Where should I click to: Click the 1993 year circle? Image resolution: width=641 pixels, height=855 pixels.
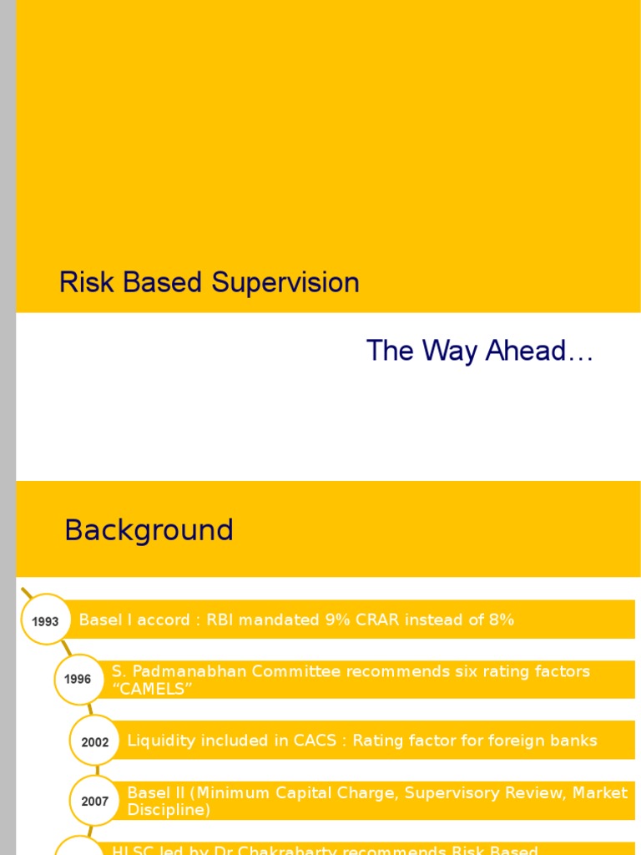[x=45, y=621]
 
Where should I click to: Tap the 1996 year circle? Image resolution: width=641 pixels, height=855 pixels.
[x=78, y=679]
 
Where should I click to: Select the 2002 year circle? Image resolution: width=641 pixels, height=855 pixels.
[x=95, y=741]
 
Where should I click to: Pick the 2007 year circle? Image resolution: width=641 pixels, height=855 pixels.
[x=94, y=802]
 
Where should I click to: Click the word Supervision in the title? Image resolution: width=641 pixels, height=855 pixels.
[x=285, y=283]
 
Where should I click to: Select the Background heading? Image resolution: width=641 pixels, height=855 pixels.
[x=149, y=530]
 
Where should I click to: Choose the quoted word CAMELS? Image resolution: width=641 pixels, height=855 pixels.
[x=153, y=689]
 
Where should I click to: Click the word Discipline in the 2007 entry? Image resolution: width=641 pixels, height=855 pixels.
[x=164, y=810]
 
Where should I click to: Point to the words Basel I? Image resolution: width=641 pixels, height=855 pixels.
[x=103, y=620]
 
